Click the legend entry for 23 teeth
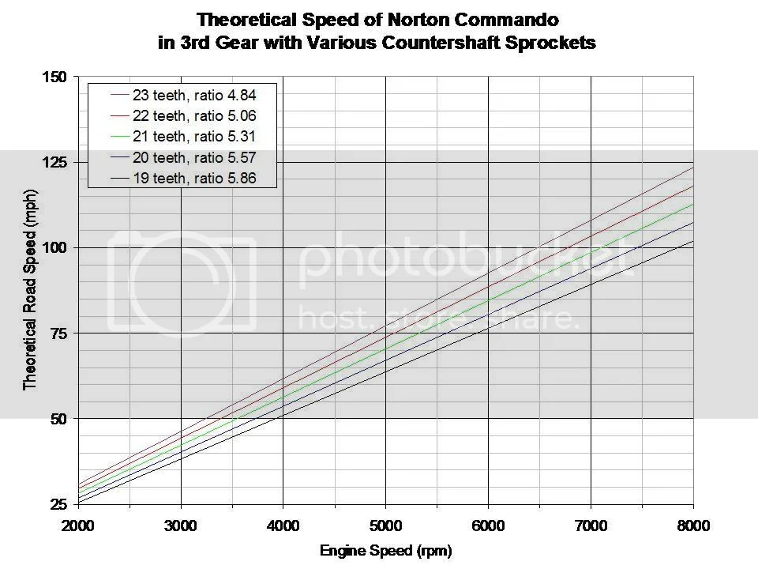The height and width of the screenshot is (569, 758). (193, 95)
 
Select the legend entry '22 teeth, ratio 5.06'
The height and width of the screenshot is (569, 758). (193, 116)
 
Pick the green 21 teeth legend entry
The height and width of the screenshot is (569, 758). (193, 138)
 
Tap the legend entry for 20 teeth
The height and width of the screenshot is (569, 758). (193, 158)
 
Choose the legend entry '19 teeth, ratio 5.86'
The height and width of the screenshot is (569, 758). (193, 179)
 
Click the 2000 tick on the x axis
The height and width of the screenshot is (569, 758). (78, 524)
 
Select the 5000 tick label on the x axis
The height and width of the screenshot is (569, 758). (385, 524)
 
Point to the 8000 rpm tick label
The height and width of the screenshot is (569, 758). (692, 524)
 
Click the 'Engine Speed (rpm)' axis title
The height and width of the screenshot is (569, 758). (385, 551)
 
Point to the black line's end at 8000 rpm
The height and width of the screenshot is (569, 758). (692, 241)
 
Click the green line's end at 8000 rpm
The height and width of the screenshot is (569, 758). (692, 204)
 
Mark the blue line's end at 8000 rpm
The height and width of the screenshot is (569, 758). (692, 222)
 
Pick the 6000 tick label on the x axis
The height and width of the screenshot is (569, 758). (488, 524)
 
